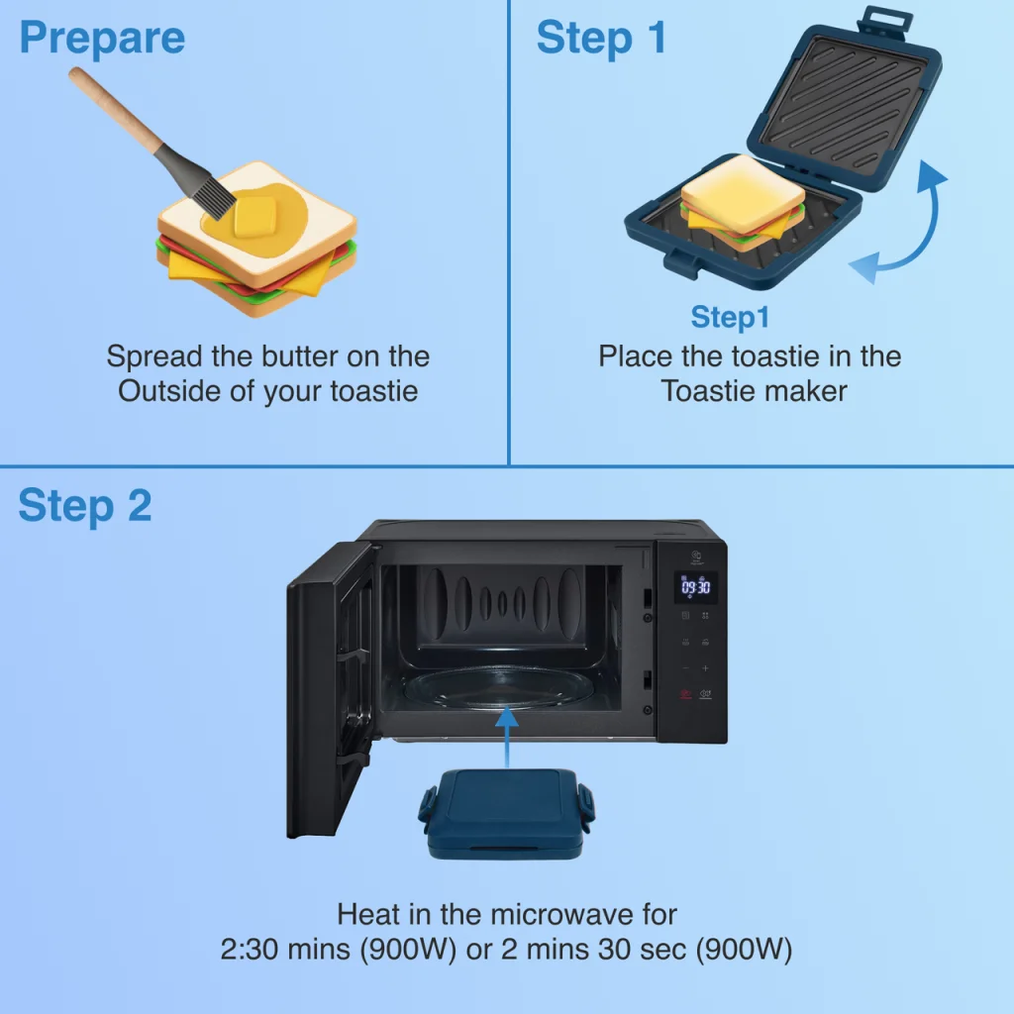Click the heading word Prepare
[x=102, y=39]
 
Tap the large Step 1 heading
[x=601, y=39]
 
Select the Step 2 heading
[x=85, y=505]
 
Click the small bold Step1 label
[x=730, y=317]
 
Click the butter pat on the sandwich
[x=254, y=216]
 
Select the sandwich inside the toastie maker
[x=742, y=203]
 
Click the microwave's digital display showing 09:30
[x=696, y=587]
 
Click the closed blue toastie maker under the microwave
[x=506, y=813]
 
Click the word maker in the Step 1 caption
[x=804, y=390]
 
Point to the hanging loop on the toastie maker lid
[x=885, y=18]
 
